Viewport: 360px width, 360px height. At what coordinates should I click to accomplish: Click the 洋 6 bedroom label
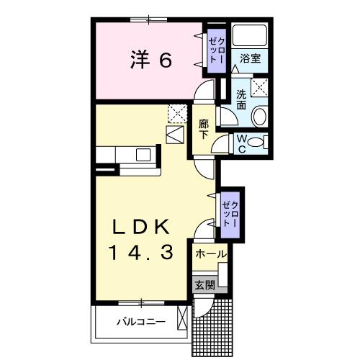tap(151, 60)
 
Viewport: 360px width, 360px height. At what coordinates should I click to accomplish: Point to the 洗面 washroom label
tap(240, 99)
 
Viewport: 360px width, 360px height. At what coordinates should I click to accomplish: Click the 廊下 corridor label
tap(204, 128)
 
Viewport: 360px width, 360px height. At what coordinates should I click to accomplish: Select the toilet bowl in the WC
tap(261, 143)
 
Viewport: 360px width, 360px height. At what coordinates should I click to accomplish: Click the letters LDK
tap(141, 228)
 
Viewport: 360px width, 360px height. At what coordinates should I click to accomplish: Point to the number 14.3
tap(141, 253)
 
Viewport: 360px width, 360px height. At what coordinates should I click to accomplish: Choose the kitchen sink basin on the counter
tap(143, 155)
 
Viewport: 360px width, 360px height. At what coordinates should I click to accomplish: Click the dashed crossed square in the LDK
tap(176, 113)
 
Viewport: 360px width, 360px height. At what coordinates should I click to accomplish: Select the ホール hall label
tap(210, 254)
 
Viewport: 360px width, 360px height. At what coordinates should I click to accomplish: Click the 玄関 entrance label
tap(204, 284)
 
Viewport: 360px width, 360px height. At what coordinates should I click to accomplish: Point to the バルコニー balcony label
tap(141, 322)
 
